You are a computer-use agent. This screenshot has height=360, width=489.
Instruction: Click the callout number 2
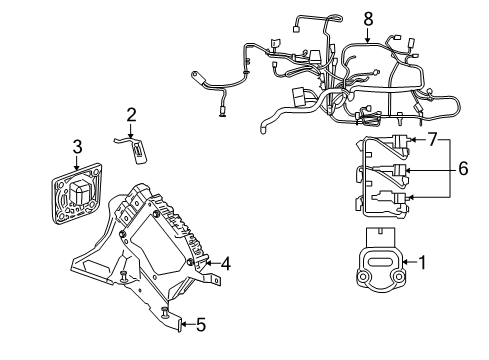point(131,115)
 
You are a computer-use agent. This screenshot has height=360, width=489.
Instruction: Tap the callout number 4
point(227,264)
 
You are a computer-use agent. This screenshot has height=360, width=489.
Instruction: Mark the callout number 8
point(368,18)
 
